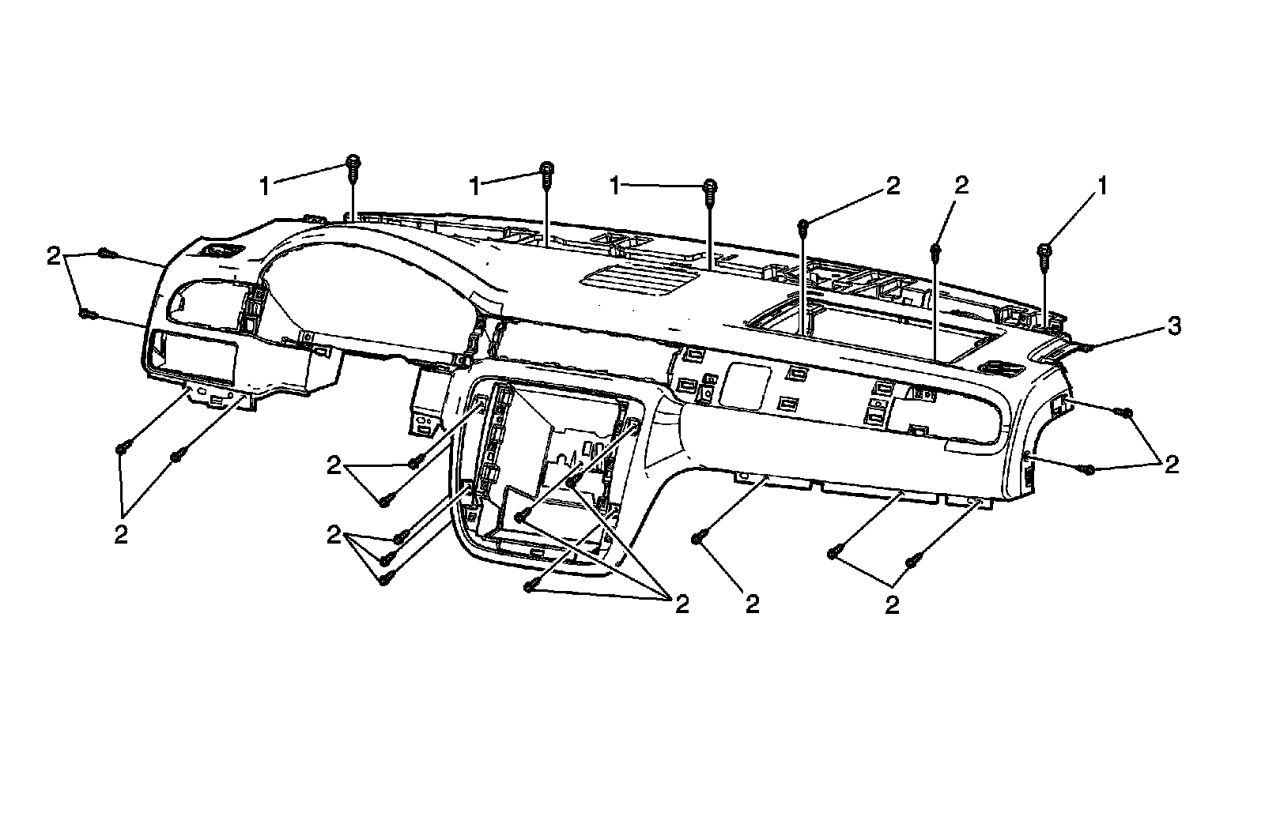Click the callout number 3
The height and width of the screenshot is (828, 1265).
(1175, 326)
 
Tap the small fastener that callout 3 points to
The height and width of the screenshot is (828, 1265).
(1086, 347)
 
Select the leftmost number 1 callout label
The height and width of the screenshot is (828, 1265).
(266, 186)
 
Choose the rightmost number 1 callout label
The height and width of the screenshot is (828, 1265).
(1101, 186)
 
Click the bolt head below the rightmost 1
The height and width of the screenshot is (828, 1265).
(1044, 251)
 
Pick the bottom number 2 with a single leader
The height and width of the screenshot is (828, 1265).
(752, 604)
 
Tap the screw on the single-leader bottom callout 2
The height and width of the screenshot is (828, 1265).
(697, 538)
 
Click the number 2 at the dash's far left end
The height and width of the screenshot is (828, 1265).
(53, 256)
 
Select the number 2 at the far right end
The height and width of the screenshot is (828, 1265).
(1172, 464)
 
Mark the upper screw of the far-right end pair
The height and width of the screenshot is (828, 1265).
(1126, 413)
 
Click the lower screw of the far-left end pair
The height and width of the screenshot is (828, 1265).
(85, 314)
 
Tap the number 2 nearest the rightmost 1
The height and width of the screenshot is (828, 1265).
(961, 185)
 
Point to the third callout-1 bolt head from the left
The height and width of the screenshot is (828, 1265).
(711, 186)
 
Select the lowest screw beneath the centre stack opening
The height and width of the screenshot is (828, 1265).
(531, 586)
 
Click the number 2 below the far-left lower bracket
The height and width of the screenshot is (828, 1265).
(120, 534)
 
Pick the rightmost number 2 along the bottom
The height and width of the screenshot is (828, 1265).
(892, 604)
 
